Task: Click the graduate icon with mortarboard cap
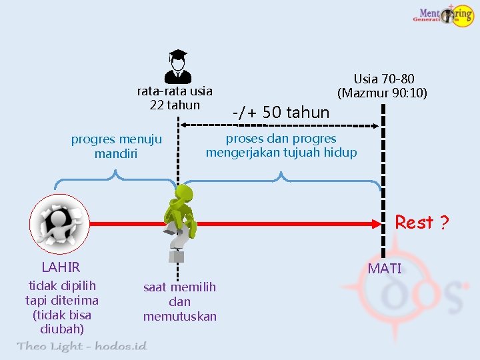pos(178,65)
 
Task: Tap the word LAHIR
pos(61,267)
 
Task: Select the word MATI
pos(385,269)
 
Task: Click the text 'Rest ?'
pos(421,223)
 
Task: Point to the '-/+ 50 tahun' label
pos(281,113)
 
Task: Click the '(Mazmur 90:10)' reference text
pos(383,93)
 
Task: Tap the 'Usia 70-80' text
pos(384,79)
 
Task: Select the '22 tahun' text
pos(175,105)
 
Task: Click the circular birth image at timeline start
pos(59,223)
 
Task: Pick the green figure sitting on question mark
pos(181,213)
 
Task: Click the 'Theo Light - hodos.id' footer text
pos(81,346)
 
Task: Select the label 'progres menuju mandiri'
pos(117,146)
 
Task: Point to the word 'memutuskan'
pos(180,316)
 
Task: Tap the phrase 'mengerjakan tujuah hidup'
pos(281,153)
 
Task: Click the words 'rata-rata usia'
pos(175,91)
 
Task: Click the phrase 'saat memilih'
pos(180,287)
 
